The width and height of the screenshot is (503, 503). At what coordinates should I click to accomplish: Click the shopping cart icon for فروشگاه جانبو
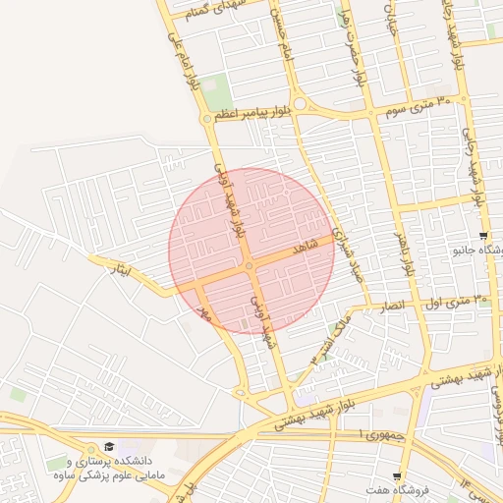483,236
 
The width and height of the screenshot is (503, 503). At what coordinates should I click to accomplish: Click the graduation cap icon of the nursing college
108,446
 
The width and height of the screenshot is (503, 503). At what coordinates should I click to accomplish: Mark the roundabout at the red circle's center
250,265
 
